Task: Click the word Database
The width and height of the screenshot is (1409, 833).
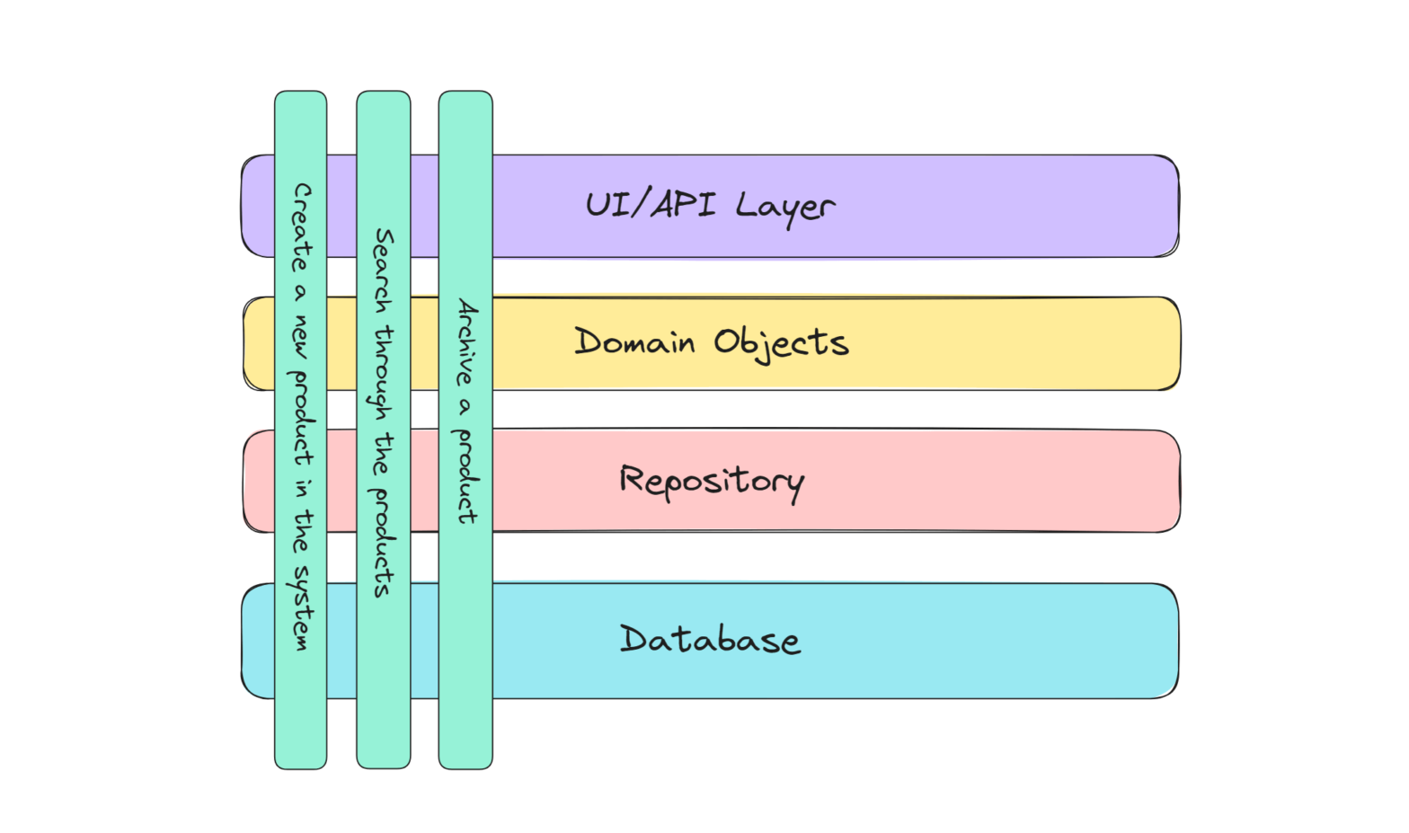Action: coord(709,640)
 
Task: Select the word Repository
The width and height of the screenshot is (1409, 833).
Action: coord(711,482)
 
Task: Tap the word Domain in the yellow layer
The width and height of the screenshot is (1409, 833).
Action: coord(634,342)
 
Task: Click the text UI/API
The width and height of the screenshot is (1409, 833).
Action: coord(651,205)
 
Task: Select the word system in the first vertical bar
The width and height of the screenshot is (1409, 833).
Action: coord(302,607)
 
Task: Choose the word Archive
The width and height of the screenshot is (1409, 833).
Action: coord(466,342)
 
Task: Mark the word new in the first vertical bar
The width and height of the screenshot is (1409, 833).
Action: coord(300,337)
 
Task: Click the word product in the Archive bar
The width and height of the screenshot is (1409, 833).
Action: coord(465,476)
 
